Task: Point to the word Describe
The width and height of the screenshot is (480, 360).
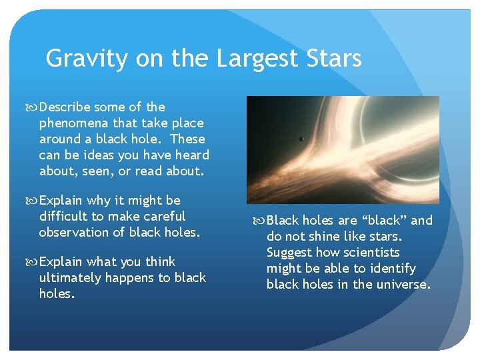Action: (x=66, y=107)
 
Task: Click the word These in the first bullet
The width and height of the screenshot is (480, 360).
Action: (x=187, y=139)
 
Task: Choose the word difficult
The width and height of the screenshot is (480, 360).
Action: (x=65, y=216)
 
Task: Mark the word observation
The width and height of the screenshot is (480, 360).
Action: (x=76, y=232)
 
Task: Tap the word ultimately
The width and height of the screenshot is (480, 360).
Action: (x=69, y=277)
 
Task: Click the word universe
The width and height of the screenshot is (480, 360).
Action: (x=405, y=285)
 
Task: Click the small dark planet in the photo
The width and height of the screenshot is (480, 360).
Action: (x=301, y=139)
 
